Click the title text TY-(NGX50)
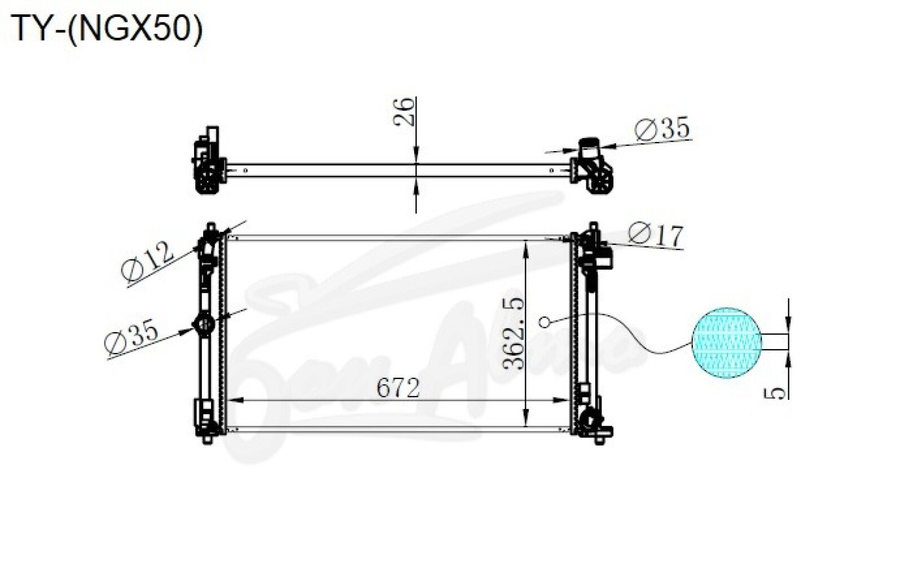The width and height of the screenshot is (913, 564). click(107, 29)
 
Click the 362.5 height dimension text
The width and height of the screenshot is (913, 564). click(513, 333)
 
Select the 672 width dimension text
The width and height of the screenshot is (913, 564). click(398, 388)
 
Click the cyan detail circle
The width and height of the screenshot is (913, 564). click(727, 343)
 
